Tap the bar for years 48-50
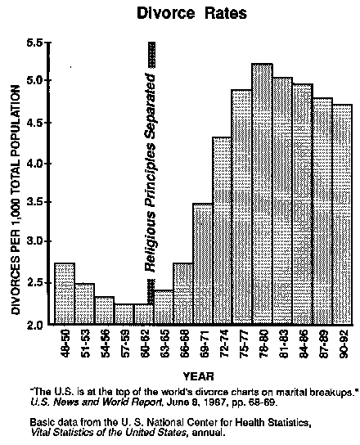[64, 294]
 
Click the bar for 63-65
[163, 308]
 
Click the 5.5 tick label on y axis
[37, 42]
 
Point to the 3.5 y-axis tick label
[37, 201]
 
